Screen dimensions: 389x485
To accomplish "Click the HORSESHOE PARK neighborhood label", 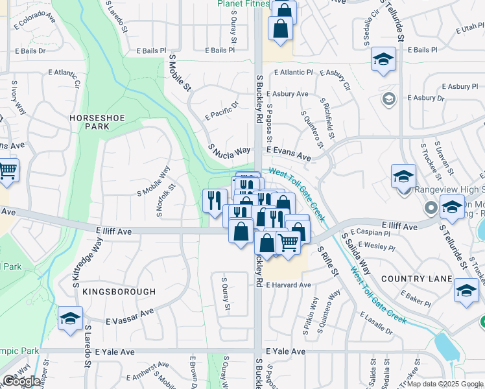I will point(91,122).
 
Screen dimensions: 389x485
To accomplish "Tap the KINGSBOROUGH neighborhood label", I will point(120,292).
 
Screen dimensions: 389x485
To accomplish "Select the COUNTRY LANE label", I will point(416,279).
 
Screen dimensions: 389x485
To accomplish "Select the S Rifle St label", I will point(328,260).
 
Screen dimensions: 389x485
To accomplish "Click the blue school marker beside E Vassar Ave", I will point(70,318).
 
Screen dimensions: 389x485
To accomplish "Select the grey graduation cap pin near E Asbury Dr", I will point(389,99).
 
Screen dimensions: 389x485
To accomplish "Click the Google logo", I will point(21,381).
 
